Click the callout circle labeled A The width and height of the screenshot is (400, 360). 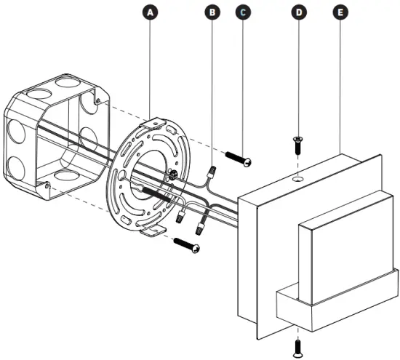point(150,12)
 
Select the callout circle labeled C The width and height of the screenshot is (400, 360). point(243,12)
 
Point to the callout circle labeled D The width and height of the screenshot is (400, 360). point(299,12)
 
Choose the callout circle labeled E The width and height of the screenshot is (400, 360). point(339,12)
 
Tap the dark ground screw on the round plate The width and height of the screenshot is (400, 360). point(172,175)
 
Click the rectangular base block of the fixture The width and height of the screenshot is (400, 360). point(335,305)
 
